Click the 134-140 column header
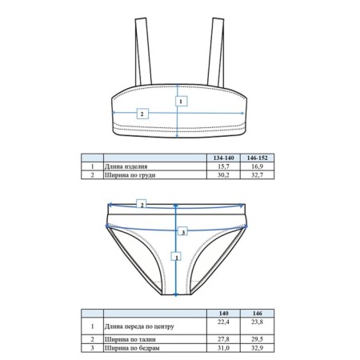click(x=223, y=158)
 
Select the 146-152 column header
click(x=257, y=158)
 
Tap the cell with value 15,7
click(x=223, y=166)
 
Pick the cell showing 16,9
click(x=257, y=166)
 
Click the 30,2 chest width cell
click(x=223, y=175)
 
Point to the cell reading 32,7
click(x=257, y=175)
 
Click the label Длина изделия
click(x=126, y=166)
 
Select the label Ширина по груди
click(x=130, y=175)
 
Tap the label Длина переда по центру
click(x=139, y=326)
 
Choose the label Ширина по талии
click(x=130, y=339)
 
